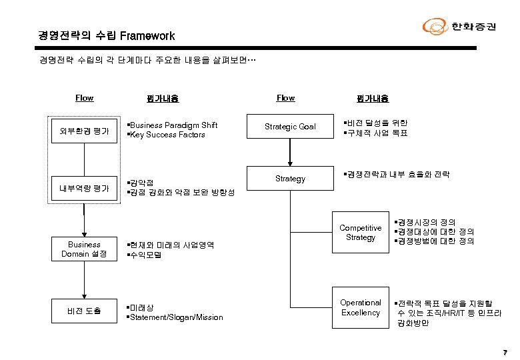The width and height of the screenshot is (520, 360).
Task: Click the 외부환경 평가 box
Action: [84, 130]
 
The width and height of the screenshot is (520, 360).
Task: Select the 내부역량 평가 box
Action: [84, 189]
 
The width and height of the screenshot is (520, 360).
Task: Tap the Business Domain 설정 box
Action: [84, 249]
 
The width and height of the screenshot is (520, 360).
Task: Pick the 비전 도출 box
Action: [84, 311]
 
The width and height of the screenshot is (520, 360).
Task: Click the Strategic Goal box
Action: [290, 127]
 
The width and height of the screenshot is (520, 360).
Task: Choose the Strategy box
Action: [290, 179]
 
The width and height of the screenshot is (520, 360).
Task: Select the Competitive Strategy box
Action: [361, 233]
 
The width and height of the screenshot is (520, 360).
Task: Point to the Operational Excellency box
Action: [361, 307]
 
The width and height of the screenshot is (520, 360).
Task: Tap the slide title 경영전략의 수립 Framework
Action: [107, 35]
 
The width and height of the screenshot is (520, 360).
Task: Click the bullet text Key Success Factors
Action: [168, 135]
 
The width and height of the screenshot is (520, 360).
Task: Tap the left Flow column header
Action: [84, 98]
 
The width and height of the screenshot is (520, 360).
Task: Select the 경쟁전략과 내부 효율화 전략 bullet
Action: [397, 175]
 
